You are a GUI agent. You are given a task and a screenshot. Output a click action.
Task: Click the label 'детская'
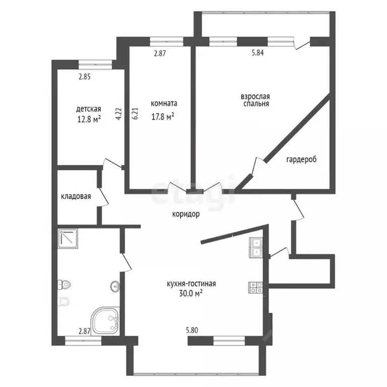tap(89, 109)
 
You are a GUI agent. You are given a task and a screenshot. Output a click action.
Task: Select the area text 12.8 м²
tap(89, 119)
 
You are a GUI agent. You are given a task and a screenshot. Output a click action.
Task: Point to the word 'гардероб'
tap(301, 159)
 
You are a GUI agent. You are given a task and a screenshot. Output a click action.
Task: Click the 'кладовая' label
tap(76, 197)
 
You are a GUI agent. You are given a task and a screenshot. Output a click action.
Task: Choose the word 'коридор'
tap(185, 214)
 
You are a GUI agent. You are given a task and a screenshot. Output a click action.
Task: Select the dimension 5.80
tap(192, 331)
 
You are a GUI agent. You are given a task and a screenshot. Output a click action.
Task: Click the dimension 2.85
tap(84, 77)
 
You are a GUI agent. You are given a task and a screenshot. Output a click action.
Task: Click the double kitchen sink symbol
tap(256, 247)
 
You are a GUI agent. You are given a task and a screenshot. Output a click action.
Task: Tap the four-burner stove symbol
tap(255, 287)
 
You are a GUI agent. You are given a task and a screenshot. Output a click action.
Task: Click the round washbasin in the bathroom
tap(114, 287)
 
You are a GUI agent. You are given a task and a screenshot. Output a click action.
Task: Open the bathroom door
tap(126, 260)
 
